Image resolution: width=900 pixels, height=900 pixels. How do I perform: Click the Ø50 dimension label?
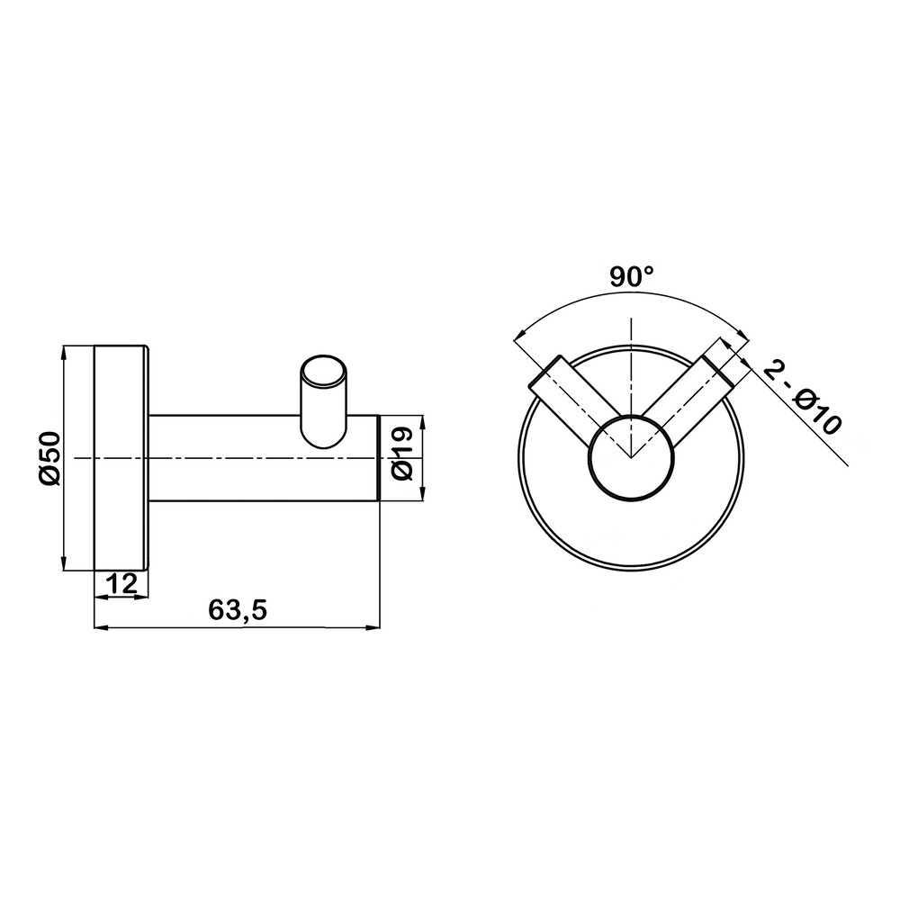point(49,458)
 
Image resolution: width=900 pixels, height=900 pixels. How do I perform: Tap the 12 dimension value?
point(121,584)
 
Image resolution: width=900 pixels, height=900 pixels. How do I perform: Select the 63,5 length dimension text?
point(238,609)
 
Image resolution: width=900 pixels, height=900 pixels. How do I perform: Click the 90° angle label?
point(632,278)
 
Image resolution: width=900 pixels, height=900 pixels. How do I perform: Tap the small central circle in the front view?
point(631,457)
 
